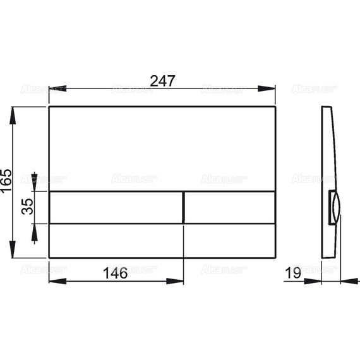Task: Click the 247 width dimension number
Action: click(x=162, y=80)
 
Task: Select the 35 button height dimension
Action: click(x=27, y=207)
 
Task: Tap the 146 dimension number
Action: click(x=115, y=273)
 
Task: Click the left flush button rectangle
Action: click(x=116, y=207)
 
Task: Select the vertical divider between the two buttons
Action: click(x=184, y=207)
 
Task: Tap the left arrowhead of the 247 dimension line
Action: click(x=52, y=88)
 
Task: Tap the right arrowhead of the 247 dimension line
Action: click(x=272, y=88)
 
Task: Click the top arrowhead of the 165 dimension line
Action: click(x=14, y=111)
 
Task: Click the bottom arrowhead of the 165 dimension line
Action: click(x=14, y=253)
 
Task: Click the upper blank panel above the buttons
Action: click(x=162, y=148)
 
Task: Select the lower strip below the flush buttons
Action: click(x=162, y=240)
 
